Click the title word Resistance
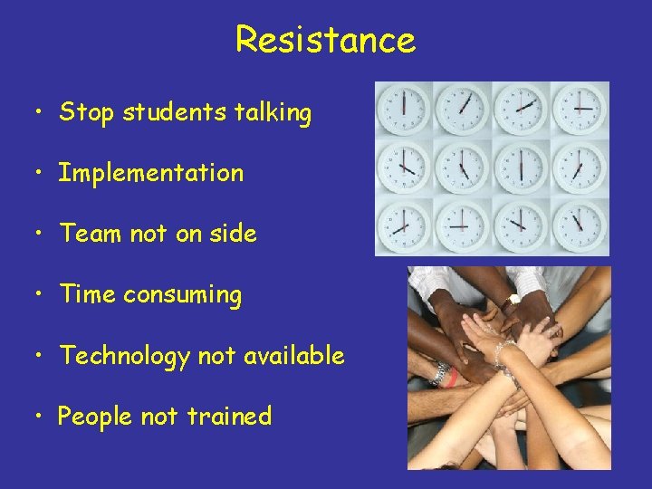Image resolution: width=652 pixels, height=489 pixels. tap(325, 40)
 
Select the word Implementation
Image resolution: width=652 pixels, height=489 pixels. tap(151, 173)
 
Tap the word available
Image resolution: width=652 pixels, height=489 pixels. tap(292, 356)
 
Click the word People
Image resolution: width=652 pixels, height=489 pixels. tap(95, 417)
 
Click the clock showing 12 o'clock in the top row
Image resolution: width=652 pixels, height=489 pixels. tap(404, 110)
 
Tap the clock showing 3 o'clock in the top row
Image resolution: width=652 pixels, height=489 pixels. tap(580, 110)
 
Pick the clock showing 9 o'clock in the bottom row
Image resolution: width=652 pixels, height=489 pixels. tap(463, 226)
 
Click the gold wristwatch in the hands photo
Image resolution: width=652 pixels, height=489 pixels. tap(513, 298)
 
